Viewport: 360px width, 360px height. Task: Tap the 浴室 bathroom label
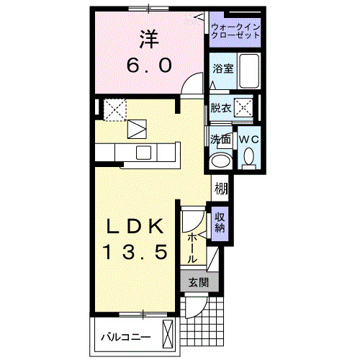[x=222, y=69]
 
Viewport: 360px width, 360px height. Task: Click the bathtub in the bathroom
[x=249, y=70]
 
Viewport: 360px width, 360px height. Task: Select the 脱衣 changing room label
[x=220, y=109]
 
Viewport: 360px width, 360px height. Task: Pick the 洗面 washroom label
[x=220, y=139]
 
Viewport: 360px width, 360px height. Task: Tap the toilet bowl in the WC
[x=248, y=156]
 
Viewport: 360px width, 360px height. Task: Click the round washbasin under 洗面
[x=220, y=160]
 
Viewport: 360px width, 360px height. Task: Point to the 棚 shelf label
[x=221, y=190]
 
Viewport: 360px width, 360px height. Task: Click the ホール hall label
[x=193, y=246]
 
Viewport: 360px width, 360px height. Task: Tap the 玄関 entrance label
[x=198, y=282]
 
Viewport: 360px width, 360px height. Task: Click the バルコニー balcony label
[x=125, y=336]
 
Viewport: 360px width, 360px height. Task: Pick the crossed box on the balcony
[x=168, y=336]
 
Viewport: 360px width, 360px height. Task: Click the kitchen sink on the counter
[x=143, y=153]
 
